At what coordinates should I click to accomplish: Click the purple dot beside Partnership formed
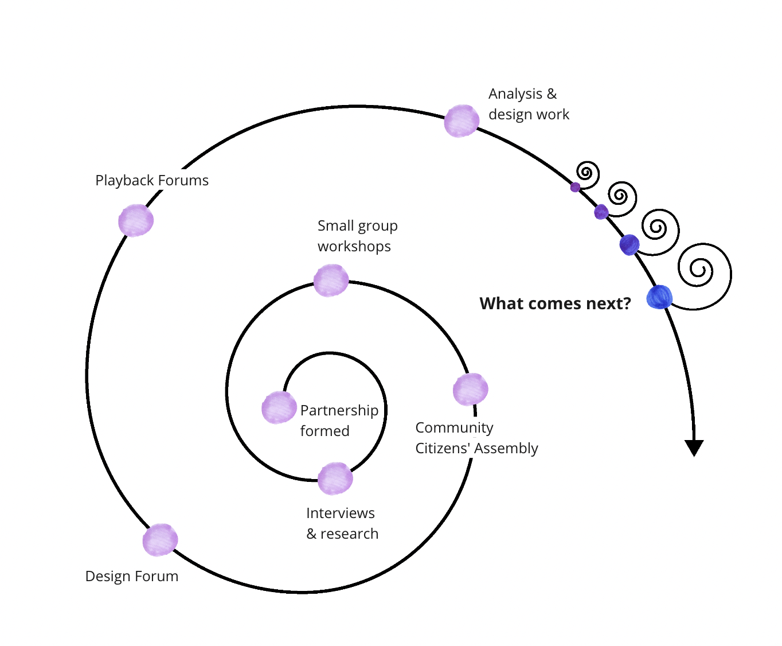(279, 407)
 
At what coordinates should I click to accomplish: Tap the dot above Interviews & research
(335, 478)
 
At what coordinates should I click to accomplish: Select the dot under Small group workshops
(331, 281)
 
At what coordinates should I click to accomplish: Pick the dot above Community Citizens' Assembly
(470, 390)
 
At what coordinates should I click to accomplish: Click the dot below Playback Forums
(135, 220)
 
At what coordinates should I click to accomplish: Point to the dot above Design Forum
(160, 540)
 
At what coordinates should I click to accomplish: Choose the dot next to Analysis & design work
(462, 121)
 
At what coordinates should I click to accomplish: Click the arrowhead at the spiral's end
(694, 448)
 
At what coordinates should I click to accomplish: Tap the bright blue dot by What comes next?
(659, 297)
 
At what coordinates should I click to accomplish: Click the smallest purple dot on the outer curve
(575, 187)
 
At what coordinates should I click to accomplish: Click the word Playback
(124, 181)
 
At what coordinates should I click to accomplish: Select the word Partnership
(339, 411)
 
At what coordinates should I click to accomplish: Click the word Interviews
(340, 513)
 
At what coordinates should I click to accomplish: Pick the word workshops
(354, 246)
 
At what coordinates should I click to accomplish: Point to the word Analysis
(515, 94)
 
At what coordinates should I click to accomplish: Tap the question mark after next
(627, 303)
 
